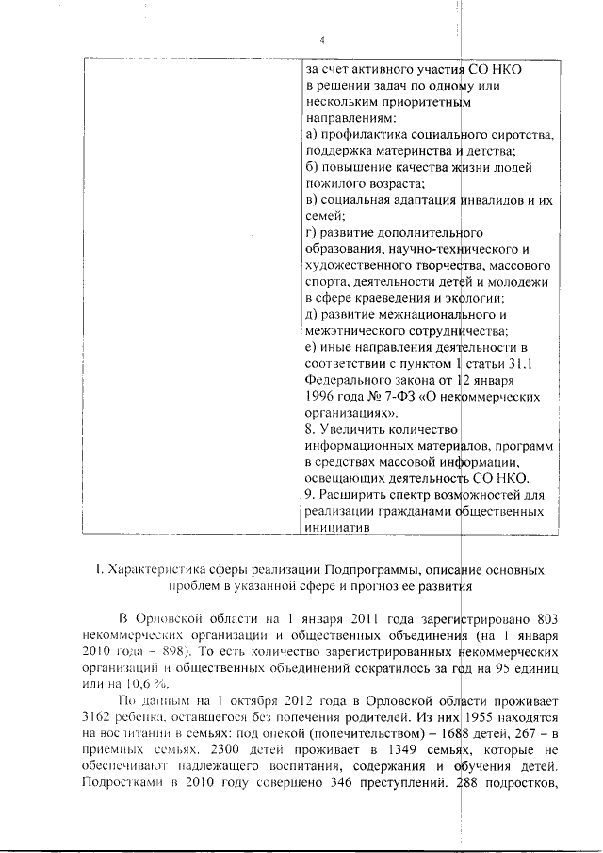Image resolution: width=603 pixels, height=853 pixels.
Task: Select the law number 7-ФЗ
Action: (x=385, y=397)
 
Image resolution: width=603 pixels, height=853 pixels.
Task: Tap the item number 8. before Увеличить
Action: (x=311, y=430)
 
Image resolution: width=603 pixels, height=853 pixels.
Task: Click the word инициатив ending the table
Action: (x=335, y=528)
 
